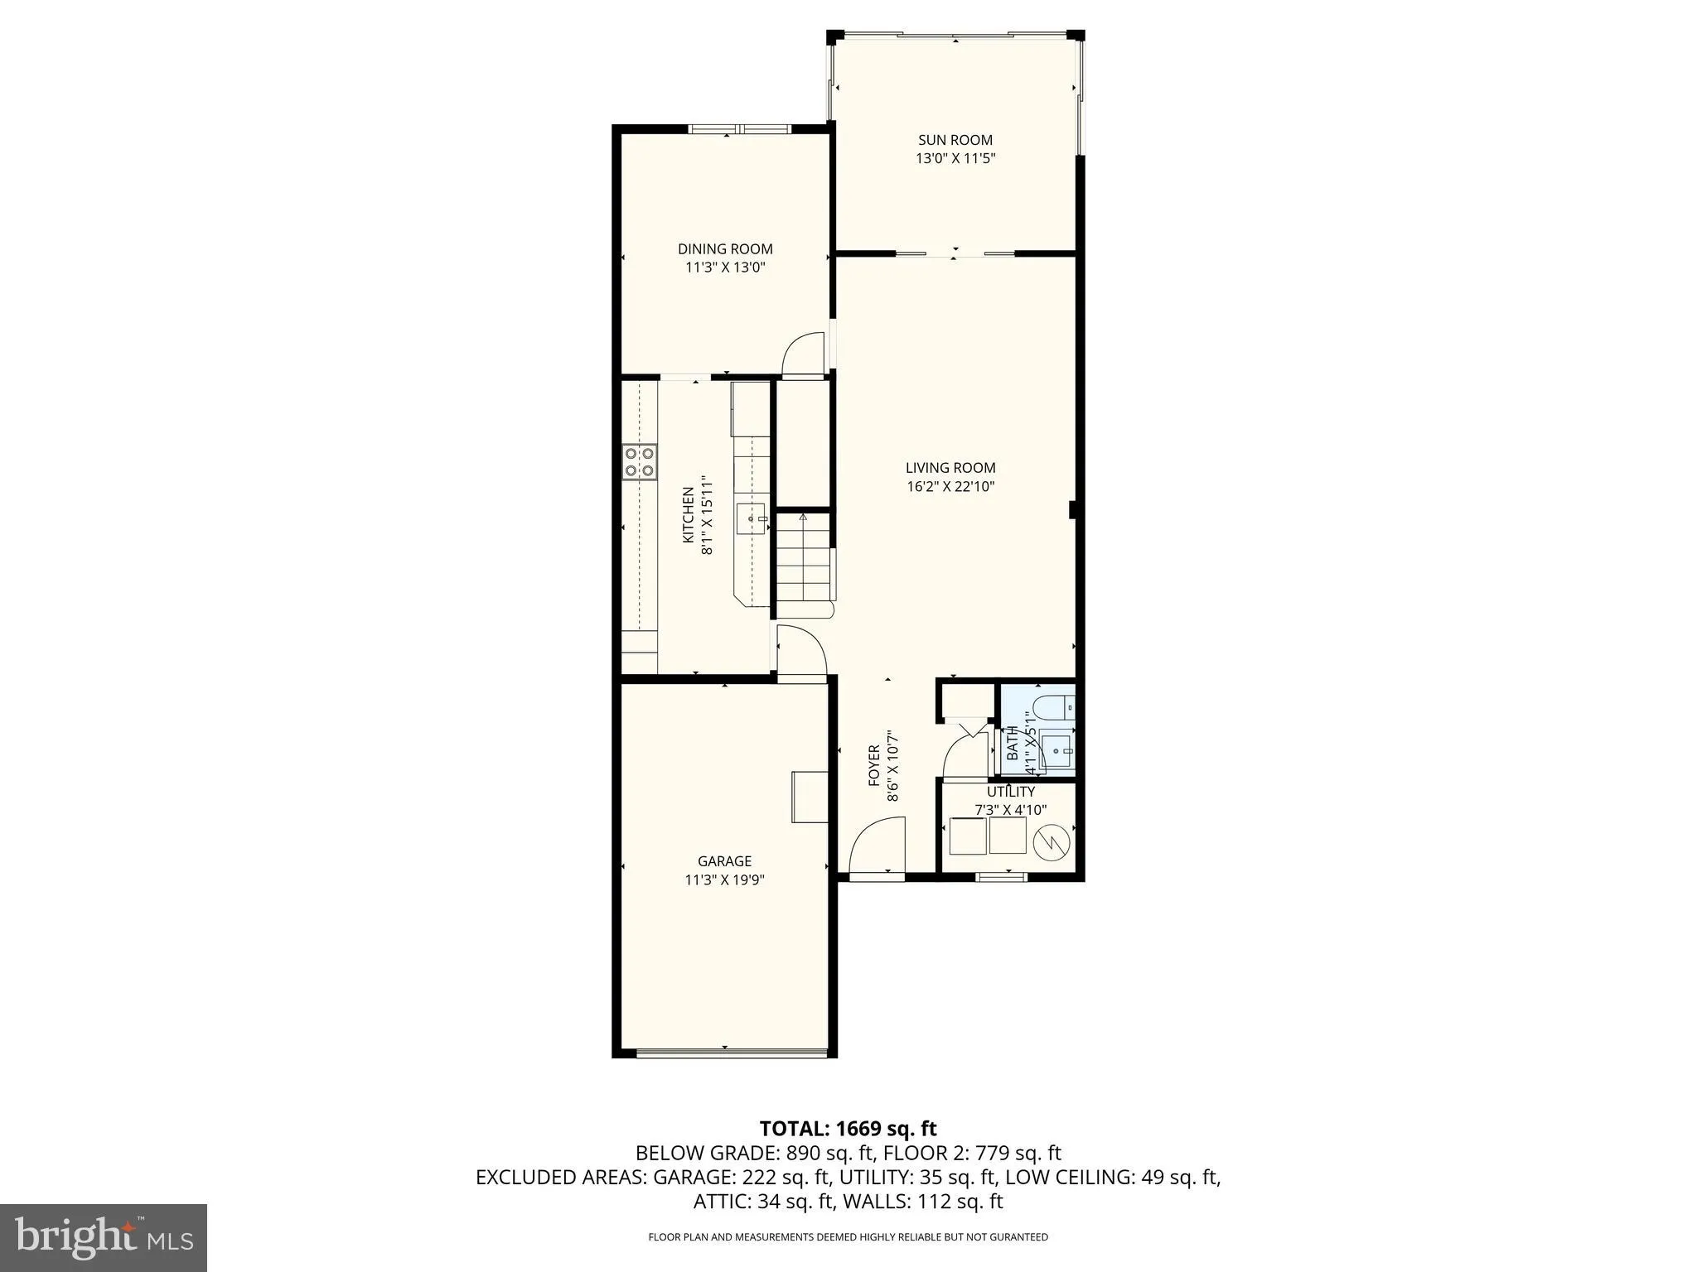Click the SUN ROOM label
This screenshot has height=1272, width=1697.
[955, 140]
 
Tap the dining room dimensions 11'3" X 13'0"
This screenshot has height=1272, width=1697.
[725, 267]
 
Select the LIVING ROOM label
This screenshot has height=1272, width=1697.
[950, 468]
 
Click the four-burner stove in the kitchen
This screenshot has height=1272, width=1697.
[640, 462]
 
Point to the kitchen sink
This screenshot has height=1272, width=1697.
[754, 519]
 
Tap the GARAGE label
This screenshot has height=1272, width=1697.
[724, 861]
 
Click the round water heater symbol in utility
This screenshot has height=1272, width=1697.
[1052, 842]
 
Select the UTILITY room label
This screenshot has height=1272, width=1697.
[1010, 792]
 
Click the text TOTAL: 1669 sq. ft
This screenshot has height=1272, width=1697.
[848, 1128]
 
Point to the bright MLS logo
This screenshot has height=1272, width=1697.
[103, 1237]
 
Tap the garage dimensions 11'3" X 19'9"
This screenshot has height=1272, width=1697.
[724, 880]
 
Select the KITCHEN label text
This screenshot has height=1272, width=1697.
[688, 515]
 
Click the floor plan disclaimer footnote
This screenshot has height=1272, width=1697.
[848, 1237]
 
